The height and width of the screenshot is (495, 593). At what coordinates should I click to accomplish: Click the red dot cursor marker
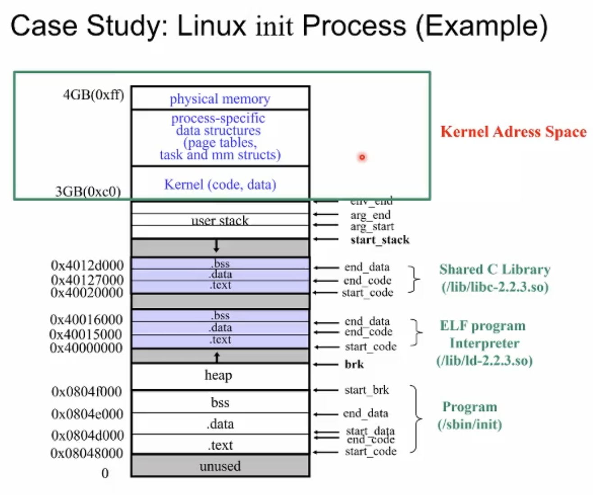tap(362, 157)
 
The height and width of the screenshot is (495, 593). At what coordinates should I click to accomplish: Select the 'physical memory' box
tap(220, 99)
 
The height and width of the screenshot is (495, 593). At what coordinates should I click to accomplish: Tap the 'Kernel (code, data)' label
tap(220, 184)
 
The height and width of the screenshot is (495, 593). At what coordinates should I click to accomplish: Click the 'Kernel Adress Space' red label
tap(513, 132)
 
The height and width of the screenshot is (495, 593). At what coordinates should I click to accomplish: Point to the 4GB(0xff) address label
tap(93, 95)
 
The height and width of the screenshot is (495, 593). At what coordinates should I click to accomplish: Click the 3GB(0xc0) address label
tap(88, 192)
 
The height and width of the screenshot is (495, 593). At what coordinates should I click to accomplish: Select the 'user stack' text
tap(220, 220)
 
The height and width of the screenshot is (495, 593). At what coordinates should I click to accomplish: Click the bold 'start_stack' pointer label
tap(380, 240)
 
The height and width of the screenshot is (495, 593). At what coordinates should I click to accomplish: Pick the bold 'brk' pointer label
tap(354, 364)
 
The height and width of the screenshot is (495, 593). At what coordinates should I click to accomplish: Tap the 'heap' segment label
tap(219, 375)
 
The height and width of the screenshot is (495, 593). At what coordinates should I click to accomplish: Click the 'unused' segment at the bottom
tap(220, 466)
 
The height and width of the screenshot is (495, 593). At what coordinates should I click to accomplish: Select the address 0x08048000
tap(87, 453)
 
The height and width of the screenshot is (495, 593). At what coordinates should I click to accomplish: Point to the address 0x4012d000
tap(87, 265)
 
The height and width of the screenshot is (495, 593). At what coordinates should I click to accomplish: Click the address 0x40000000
tap(86, 348)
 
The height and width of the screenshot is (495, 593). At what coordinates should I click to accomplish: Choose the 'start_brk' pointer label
tap(367, 390)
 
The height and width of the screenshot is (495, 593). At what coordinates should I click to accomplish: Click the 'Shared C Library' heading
tap(495, 270)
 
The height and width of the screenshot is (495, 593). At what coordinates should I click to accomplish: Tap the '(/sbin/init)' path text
tap(470, 424)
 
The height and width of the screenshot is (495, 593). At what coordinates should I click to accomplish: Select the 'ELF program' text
tap(483, 326)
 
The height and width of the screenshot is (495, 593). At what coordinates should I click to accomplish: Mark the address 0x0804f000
tap(87, 391)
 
